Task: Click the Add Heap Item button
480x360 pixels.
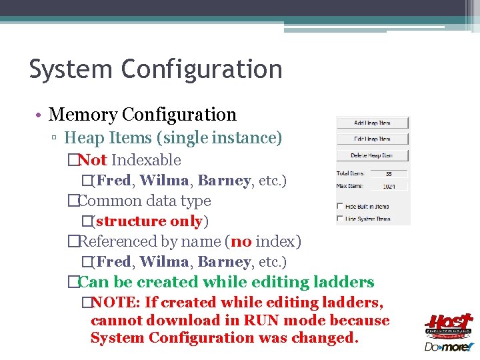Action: coord(372,123)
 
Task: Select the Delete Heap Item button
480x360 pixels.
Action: coord(372,155)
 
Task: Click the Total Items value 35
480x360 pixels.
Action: coord(388,174)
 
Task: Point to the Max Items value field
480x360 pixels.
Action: coord(388,186)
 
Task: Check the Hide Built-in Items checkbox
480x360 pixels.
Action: coord(340,206)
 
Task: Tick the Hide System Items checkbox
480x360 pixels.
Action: coord(340,219)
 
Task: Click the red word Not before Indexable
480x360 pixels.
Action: coord(92,160)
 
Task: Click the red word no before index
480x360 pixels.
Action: coord(241,241)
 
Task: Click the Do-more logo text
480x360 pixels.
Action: coord(448,347)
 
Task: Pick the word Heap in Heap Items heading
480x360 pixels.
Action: coord(85,138)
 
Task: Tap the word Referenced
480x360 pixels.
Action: coord(116,241)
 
